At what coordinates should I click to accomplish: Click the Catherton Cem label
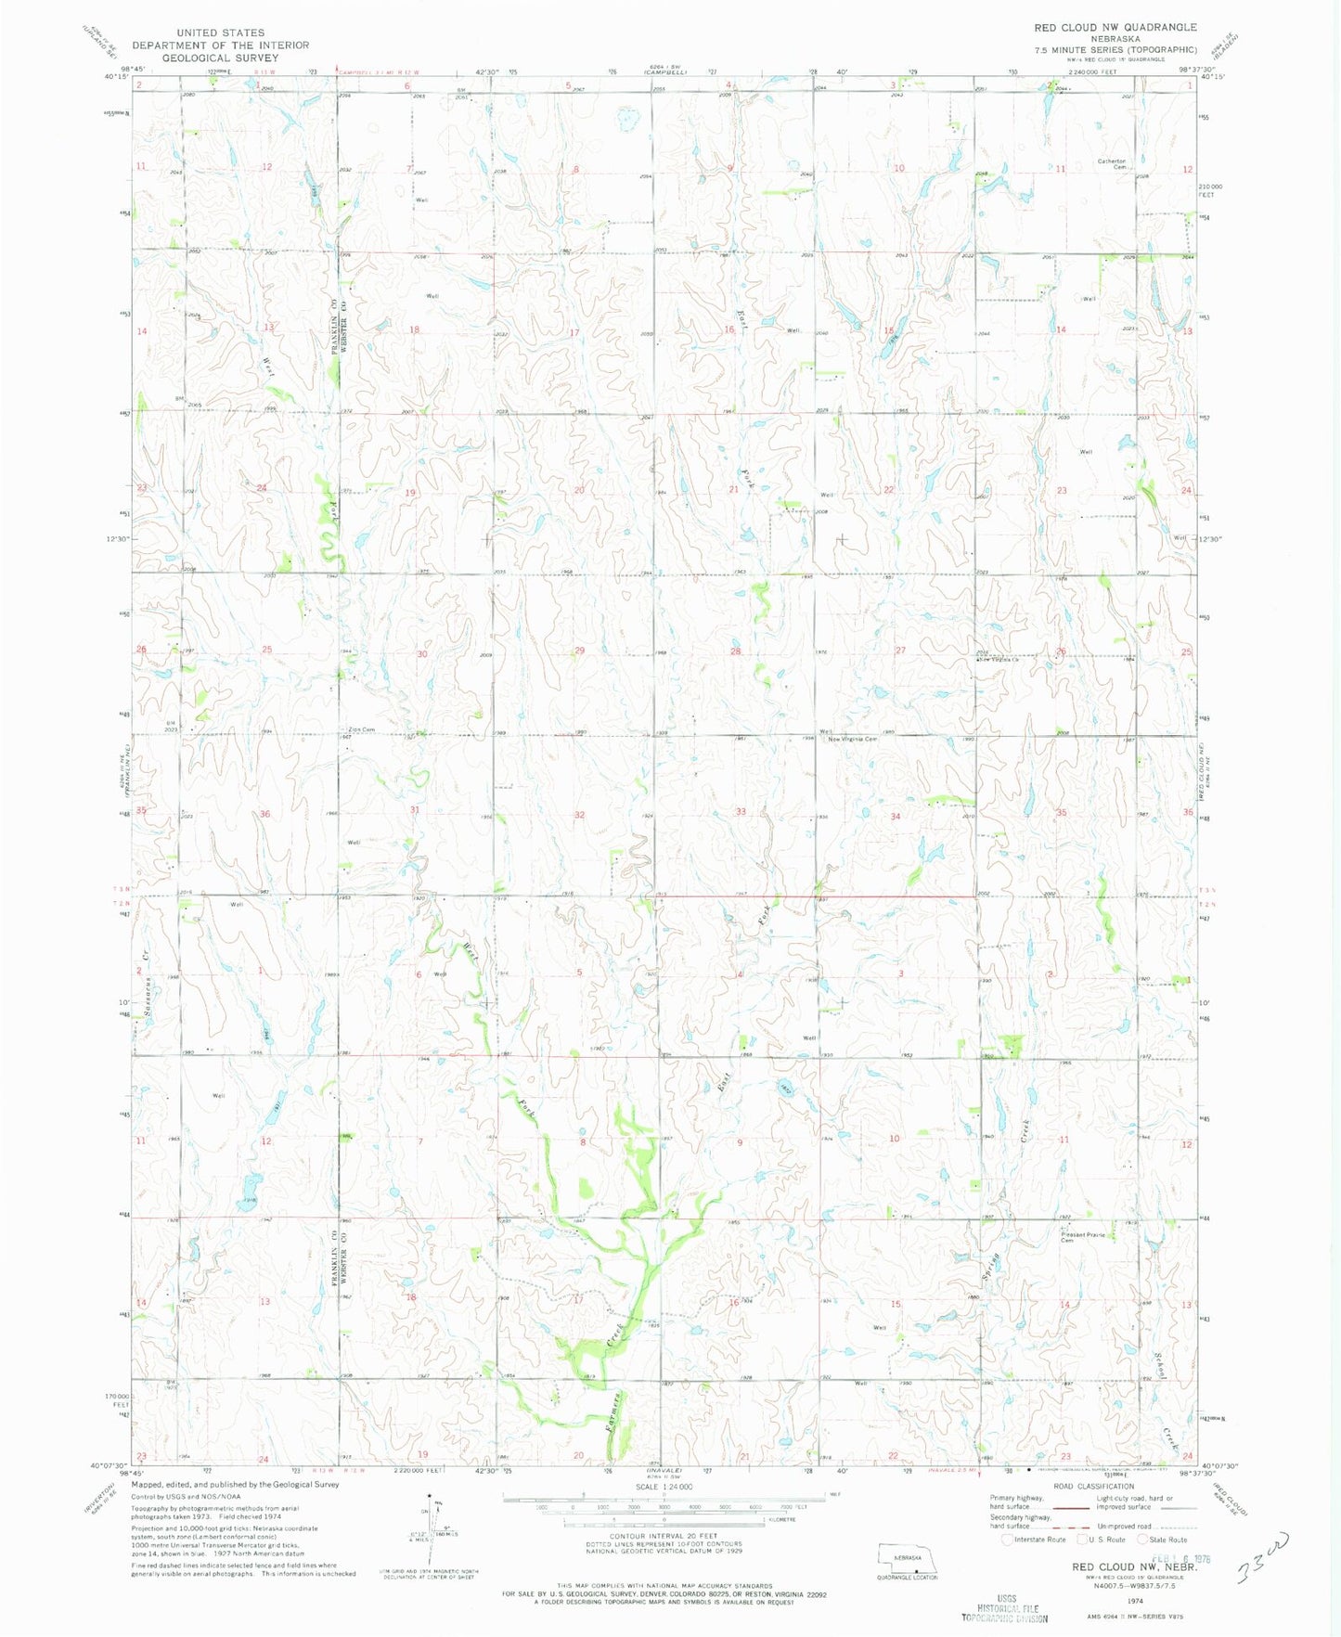1112,164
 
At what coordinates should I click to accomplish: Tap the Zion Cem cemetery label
360,729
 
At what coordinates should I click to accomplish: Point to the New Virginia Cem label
852,739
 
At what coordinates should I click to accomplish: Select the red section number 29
579,651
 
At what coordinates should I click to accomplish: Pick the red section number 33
741,812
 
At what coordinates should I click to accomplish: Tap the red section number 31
415,810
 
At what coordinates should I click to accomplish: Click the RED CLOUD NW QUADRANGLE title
1115,27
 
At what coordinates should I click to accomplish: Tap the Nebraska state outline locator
906,1558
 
